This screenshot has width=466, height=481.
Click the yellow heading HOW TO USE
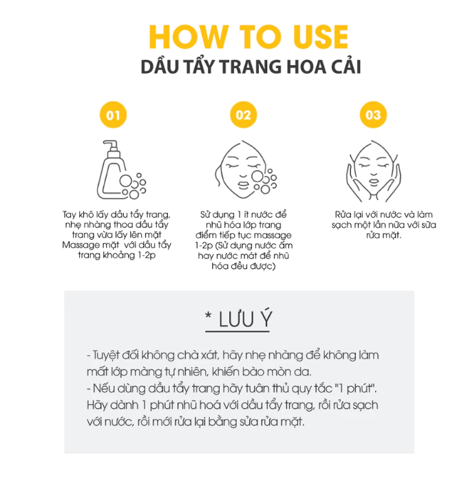click(248, 36)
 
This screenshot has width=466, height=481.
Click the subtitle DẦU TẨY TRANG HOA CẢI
click(251, 67)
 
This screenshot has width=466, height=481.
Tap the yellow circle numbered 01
click(113, 115)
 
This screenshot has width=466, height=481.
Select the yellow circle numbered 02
click(244, 115)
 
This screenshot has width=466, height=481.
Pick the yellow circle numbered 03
click(373, 115)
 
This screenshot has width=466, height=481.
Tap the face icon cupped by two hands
click(374, 171)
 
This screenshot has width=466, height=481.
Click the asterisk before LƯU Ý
click(209, 315)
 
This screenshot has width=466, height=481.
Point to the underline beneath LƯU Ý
click(237, 331)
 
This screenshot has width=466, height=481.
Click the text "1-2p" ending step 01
click(147, 256)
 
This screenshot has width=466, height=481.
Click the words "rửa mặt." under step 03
click(383, 235)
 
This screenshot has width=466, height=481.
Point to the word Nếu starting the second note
click(103, 388)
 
